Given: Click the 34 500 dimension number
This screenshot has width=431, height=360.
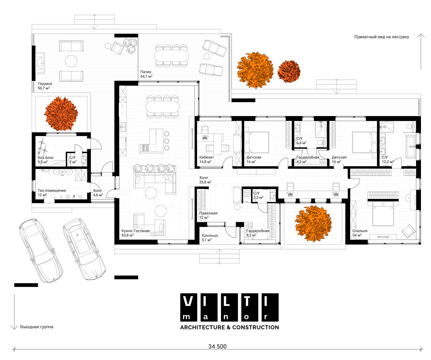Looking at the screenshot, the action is [x=217, y=346].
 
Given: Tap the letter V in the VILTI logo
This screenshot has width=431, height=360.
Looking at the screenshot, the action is [x=188, y=302].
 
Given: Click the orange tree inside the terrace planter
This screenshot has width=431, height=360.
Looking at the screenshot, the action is [x=61, y=114].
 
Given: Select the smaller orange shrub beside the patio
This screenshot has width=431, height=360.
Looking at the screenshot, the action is [x=289, y=71].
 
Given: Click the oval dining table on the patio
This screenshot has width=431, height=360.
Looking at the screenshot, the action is [x=172, y=56].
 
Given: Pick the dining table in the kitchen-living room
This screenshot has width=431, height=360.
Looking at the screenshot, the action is [x=162, y=107].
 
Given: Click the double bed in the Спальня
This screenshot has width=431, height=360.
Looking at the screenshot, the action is [x=383, y=213].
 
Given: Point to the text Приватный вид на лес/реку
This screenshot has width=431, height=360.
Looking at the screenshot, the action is [x=382, y=37].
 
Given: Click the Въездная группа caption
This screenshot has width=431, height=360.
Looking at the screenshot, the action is [x=36, y=327].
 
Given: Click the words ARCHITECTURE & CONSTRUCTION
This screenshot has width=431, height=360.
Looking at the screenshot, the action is [x=230, y=328].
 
